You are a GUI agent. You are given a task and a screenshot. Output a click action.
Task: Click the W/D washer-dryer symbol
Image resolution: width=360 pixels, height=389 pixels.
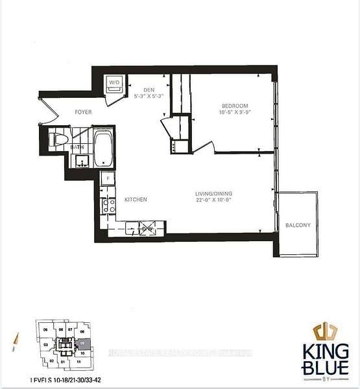point(114,84)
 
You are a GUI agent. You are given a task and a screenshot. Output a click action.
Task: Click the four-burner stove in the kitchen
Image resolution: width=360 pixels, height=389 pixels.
point(108,206)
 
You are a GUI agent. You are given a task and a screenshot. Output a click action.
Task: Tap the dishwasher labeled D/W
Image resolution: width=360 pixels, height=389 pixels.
point(148,228)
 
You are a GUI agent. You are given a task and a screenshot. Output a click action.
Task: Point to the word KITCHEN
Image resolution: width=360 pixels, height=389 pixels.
point(136,200)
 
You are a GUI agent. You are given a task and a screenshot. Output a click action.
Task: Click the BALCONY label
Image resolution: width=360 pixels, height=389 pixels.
point(298,226)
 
